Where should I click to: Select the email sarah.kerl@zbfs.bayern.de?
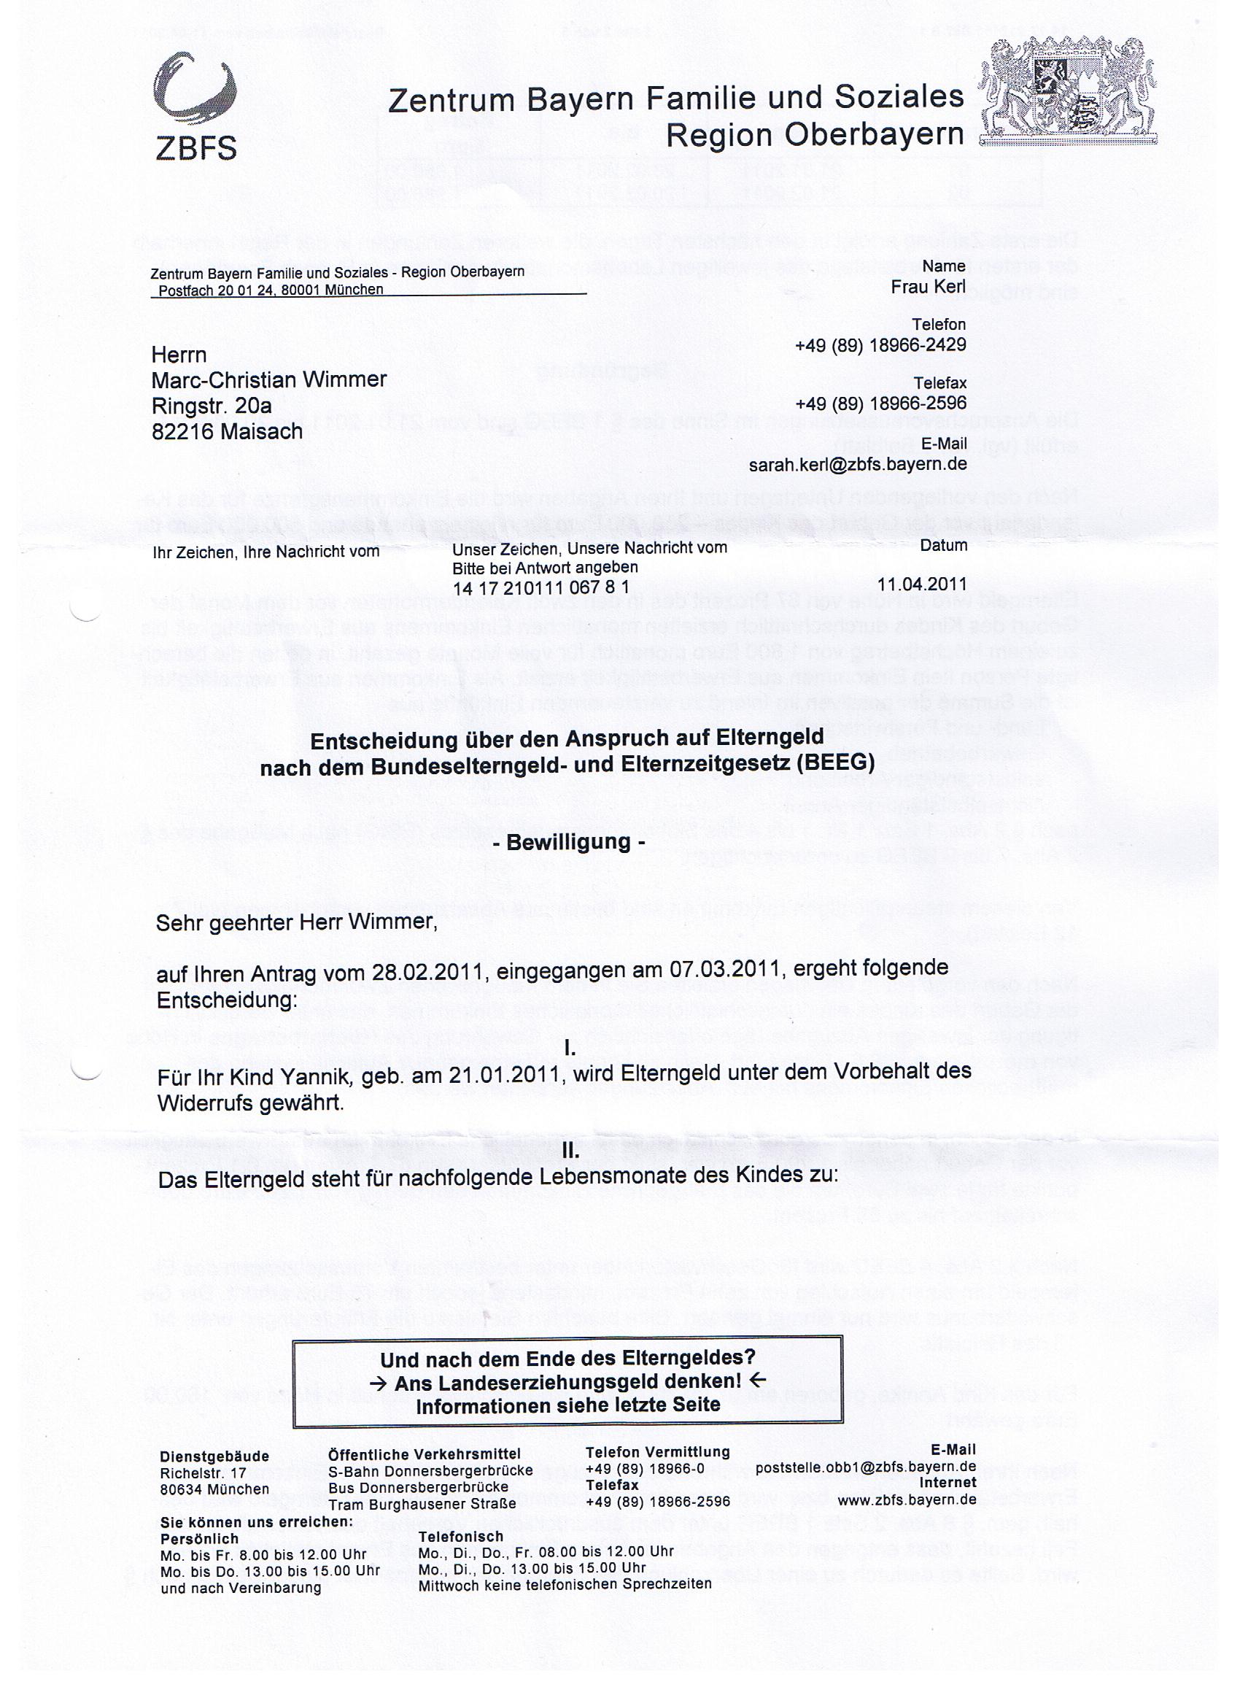tap(857, 464)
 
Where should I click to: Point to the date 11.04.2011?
tap(922, 584)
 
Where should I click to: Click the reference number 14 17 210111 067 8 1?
tap(540, 587)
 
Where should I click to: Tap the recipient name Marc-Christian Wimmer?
tap(269, 379)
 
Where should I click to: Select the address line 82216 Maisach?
tap(227, 432)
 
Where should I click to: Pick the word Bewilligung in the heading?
tap(567, 842)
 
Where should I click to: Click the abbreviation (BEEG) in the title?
tap(837, 763)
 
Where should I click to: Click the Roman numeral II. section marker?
tap(570, 1151)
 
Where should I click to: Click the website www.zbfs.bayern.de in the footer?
tap(907, 1499)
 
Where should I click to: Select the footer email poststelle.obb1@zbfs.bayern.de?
tap(866, 1466)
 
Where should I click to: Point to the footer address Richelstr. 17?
tap(203, 1472)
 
